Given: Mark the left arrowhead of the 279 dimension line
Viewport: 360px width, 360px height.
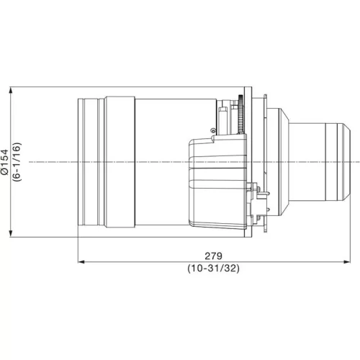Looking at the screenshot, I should pyautogui.click(x=81, y=262).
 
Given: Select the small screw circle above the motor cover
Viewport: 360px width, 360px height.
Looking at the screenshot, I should pyautogui.click(x=212, y=130).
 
